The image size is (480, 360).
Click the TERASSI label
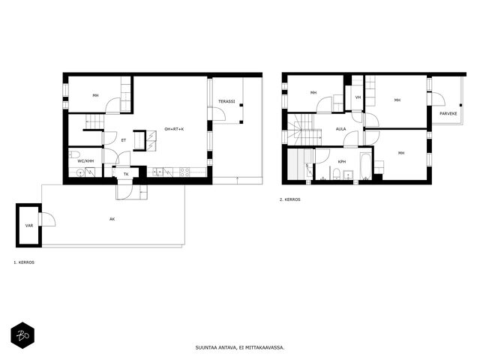(x=226, y=101)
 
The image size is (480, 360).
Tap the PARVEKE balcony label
(x=448, y=113)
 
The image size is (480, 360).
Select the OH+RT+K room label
(x=174, y=129)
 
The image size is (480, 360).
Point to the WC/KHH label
(x=85, y=161)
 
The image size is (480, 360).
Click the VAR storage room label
(x=29, y=226)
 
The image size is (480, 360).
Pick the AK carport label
(x=112, y=219)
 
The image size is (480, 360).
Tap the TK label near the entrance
(x=126, y=174)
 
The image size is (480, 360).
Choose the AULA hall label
(x=340, y=129)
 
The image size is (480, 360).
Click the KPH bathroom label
(x=342, y=162)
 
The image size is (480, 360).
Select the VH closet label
(x=358, y=97)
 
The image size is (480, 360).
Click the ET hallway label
(x=124, y=140)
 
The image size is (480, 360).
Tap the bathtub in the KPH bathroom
(x=366, y=166)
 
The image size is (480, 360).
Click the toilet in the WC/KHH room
(x=74, y=154)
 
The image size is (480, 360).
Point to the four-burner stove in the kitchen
(x=184, y=172)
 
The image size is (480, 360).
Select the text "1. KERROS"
(x=24, y=262)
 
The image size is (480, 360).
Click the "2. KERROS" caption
(x=290, y=199)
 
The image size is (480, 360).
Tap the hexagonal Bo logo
(x=22, y=335)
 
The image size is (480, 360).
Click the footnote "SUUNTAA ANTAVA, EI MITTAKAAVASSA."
(x=240, y=348)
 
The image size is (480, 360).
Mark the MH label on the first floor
(x=95, y=95)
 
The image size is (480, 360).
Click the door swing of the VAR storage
(x=49, y=219)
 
